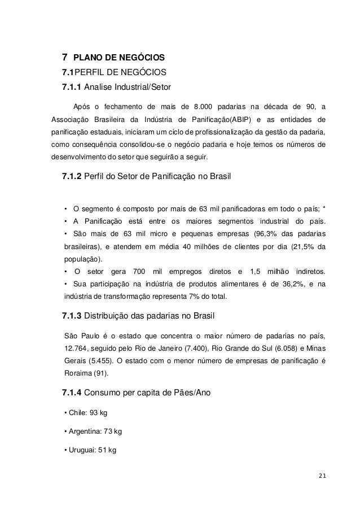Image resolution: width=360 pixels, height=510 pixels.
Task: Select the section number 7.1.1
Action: [71, 88]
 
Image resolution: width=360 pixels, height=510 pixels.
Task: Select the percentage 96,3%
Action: [267, 234]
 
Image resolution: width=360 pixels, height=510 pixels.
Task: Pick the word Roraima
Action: [80, 373]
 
